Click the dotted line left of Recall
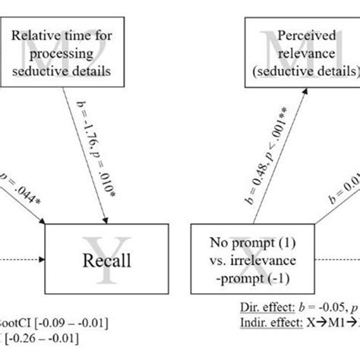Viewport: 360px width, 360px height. click(x=23, y=262)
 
